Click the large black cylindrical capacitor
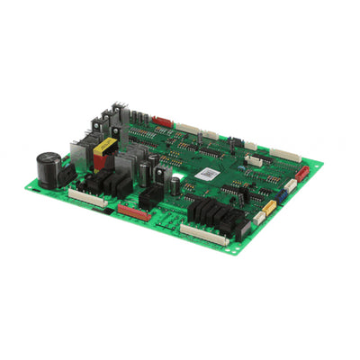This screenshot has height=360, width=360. click(x=47, y=168)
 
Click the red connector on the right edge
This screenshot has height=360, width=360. click(x=301, y=172)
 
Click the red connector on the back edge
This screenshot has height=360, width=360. click(x=163, y=120)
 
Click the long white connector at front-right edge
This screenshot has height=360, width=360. click(x=202, y=235)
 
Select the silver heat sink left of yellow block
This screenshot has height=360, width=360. click(x=80, y=157)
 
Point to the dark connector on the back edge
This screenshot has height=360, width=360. click(x=236, y=141)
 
